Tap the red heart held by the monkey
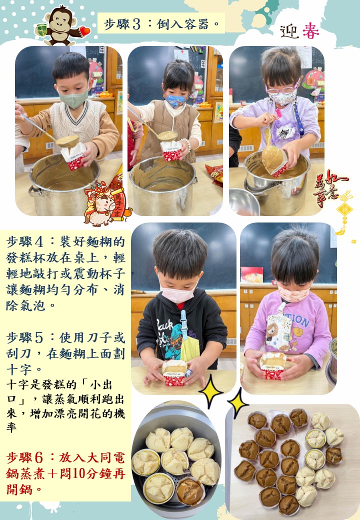[85, 31]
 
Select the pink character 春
[310, 31]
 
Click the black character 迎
[289, 32]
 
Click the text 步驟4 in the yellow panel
[24, 242]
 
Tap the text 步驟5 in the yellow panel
[24, 337]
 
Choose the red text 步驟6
[24, 458]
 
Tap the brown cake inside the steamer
[190, 491]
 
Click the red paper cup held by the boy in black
[174, 373]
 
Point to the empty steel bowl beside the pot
[244, 201]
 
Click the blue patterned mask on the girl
[175, 100]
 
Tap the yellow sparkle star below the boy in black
[210, 391]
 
